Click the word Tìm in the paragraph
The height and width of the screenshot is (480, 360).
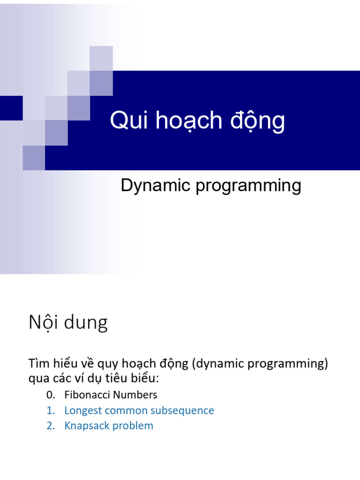tap(38, 364)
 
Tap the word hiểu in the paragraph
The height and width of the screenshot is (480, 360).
tap(66, 364)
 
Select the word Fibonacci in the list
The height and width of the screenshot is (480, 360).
tap(84, 395)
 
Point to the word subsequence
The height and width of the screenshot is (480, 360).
tap(186, 411)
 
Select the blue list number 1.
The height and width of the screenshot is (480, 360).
tap(50, 411)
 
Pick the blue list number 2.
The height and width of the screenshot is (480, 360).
tap(50, 426)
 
